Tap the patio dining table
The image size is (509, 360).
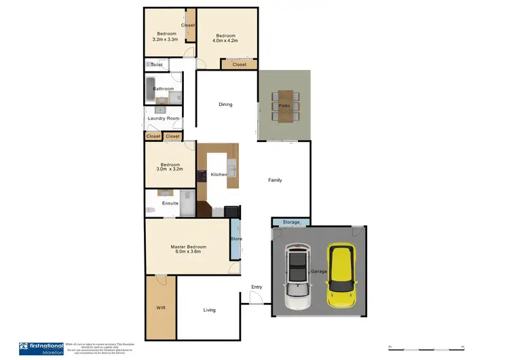pos(284,106)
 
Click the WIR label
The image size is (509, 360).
pos(160,308)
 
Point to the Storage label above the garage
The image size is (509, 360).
pos(290,222)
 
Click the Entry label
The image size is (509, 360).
pos(256,287)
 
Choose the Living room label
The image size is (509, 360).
pos(209,310)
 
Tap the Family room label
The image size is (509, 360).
pos(275,180)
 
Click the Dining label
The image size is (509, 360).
pos(225,105)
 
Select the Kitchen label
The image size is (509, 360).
pos(219,175)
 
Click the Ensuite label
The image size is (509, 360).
pos(170,203)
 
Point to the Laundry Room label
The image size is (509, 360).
pos(164,119)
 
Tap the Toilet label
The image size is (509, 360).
pos(157,65)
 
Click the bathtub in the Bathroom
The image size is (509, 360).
pos(150,89)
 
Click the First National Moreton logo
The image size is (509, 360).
pos(41,348)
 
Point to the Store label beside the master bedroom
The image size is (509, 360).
pos(235,239)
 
